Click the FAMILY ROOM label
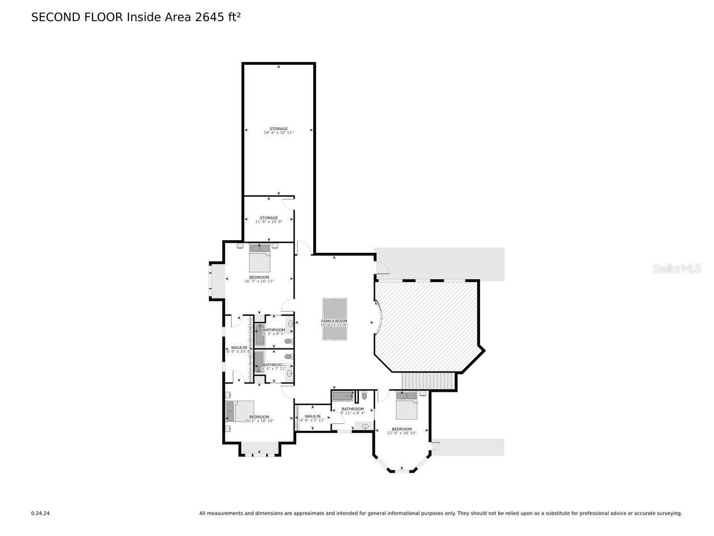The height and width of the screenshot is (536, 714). click(x=334, y=321)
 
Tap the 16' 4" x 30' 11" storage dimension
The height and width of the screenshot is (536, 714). click(x=279, y=132)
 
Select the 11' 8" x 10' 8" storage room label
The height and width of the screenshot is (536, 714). click(x=268, y=220)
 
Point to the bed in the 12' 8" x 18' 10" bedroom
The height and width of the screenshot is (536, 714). click(x=406, y=406)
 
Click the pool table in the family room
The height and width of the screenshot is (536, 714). click(x=334, y=319)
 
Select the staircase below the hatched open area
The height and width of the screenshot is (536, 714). click(x=428, y=381)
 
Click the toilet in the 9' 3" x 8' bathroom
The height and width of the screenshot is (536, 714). click(x=288, y=341)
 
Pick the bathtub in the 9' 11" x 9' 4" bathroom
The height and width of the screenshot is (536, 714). click(x=343, y=397)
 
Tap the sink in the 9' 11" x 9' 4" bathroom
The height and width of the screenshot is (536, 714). click(x=366, y=426)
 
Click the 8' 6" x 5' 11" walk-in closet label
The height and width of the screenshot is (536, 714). click(x=312, y=418)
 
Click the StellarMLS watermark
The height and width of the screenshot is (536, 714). click(x=676, y=269)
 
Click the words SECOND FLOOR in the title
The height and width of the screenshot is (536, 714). click(x=77, y=17)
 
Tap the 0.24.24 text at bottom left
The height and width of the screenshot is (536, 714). click(x=40, y=513)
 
